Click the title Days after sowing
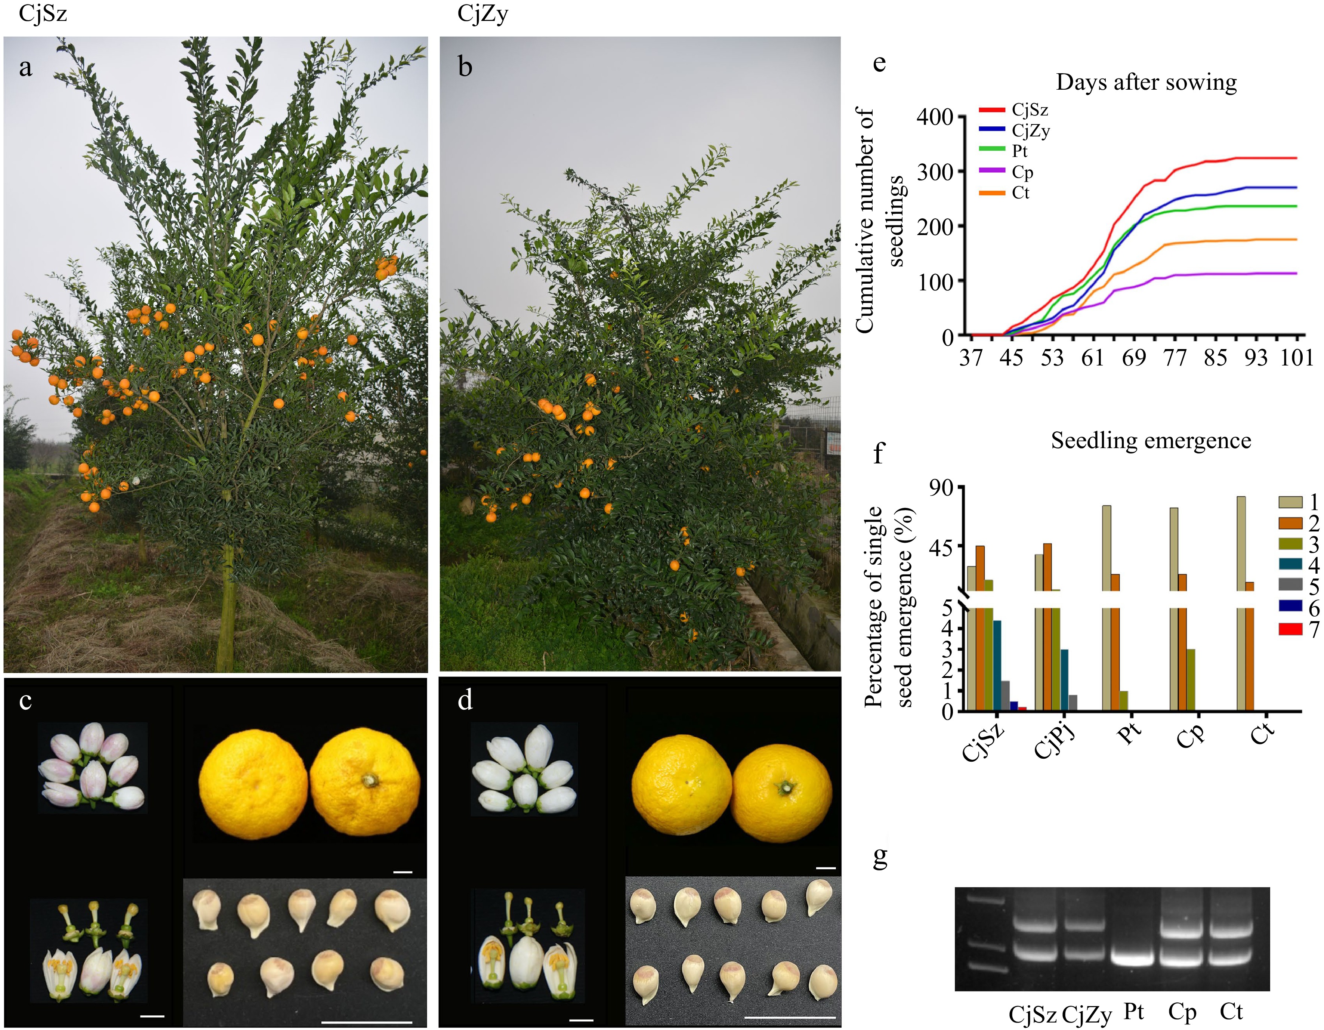tap(1146, 83)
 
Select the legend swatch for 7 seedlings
tap(1290, 629)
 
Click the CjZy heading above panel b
tap(482, 13)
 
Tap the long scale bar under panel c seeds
tap(366, 1022)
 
